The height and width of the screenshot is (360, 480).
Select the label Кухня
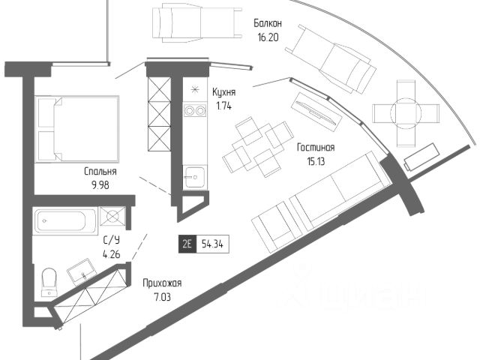coord(224,91)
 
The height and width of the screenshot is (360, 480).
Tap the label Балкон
coord(268,23)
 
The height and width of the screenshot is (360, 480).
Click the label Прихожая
coord(163,283)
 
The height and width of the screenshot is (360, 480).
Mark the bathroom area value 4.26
coord(112,255)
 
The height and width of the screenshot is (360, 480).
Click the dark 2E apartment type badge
coord(187,244)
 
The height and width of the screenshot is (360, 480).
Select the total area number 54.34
coord(211,244)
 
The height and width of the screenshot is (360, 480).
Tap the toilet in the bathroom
coord(49,281)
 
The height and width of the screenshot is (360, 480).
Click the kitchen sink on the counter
coord(193,177)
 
